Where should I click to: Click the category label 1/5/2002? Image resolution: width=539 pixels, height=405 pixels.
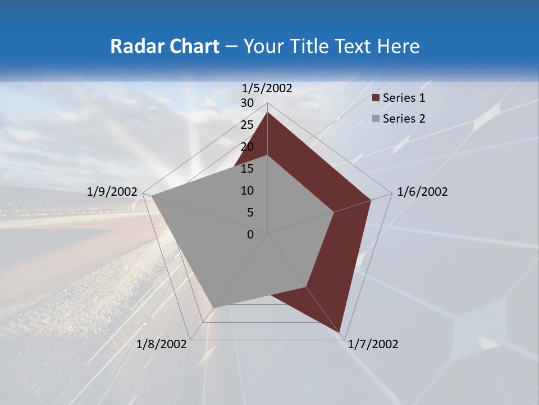(x=267, y=88)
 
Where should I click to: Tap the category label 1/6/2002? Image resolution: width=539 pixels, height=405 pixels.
(x=422, y=192)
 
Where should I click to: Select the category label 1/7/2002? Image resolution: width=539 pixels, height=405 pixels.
(x=373, y=344)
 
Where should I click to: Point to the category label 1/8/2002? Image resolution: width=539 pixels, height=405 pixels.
(x=162, y=344)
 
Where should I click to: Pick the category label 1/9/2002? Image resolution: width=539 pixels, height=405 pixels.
(x=112, y=192)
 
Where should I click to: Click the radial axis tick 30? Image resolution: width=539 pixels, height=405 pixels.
(x=247, y=103)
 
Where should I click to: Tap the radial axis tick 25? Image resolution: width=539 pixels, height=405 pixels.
(x=247, y=125)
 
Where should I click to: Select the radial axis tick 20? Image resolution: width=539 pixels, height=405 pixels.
(x=247, y=147)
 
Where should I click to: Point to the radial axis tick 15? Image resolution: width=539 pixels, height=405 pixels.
(x=247, y=169)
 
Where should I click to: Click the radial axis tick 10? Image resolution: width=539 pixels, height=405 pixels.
(x=247, y=191)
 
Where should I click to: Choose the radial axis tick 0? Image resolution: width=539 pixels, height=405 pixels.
(x=250, y=235)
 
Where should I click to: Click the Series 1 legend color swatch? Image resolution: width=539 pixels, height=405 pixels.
(x=376, y=98)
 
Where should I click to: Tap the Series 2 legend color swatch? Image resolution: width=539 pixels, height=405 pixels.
(x=376, y=119)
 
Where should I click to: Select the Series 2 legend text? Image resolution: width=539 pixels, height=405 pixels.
(x=404, y=119)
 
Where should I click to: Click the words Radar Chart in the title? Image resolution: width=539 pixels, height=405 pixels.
(x=165, y=46)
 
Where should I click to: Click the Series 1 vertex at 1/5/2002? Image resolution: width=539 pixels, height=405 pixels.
(x=268, y=112)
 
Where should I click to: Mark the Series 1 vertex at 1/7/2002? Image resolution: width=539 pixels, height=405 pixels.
(x=339, y=331)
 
